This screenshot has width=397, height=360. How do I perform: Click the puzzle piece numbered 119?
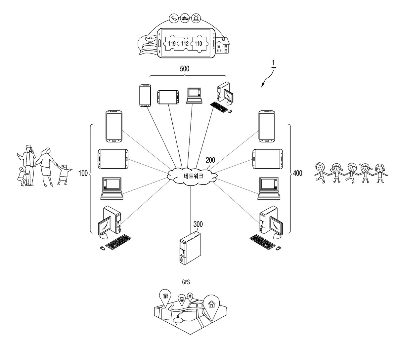pos(171,44)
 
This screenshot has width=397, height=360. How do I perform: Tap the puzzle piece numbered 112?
pos(185,44)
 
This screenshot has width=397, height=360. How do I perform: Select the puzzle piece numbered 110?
pos(199,44)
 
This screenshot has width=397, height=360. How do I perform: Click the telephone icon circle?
pos(174,18)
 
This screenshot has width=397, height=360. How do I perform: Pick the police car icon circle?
pos(185,18)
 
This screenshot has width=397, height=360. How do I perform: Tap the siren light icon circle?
pos(196,18)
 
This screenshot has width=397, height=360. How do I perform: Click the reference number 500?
pos(185,69)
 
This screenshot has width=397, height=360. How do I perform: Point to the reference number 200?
pos(210,160)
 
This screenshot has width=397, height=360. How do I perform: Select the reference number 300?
pos(198,224)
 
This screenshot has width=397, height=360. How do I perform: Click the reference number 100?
pos(83,173)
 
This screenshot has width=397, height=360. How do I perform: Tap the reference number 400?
pos(297,173)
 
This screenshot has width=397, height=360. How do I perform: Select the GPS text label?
pos(186,282)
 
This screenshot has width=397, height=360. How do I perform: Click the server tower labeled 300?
pos(190,248)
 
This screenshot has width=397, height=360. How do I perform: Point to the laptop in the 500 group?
pos(194,96)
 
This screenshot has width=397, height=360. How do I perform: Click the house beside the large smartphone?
pos(222,45)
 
